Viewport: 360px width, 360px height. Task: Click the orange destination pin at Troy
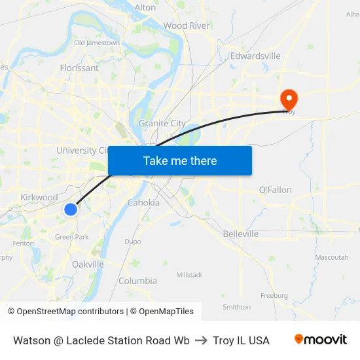click(x=289, y=99)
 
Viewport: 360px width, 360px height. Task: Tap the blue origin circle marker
click(x=71, y=209)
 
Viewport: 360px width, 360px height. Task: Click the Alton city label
click(x=145, y=7)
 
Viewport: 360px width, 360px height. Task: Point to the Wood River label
click(x=187, y=26)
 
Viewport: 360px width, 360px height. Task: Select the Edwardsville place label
click(x=255, y=56)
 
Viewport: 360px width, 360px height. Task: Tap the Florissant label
click(x=79, y=67)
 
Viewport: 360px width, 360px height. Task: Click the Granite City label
click(x=162, y=123)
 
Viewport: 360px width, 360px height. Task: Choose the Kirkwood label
click(x=39, y=197)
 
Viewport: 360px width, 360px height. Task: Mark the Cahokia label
click(x=143, y=202)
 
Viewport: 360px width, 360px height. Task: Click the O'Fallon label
click(x=276, y=190)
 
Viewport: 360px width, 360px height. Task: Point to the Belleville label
click(x=240, y=234)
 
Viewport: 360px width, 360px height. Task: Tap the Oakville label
click(x=88, y=264)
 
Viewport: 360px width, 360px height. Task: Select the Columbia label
click(x=137, y=281)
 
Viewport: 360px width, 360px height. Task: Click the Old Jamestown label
click(x=97, y=43)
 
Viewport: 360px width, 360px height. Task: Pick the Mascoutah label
click(x=331, y=257)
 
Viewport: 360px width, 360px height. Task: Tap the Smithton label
click(x=236, y=306)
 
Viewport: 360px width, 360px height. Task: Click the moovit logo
click(x=321, y=340)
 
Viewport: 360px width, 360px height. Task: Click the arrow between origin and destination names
click(x=201, y=340)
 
